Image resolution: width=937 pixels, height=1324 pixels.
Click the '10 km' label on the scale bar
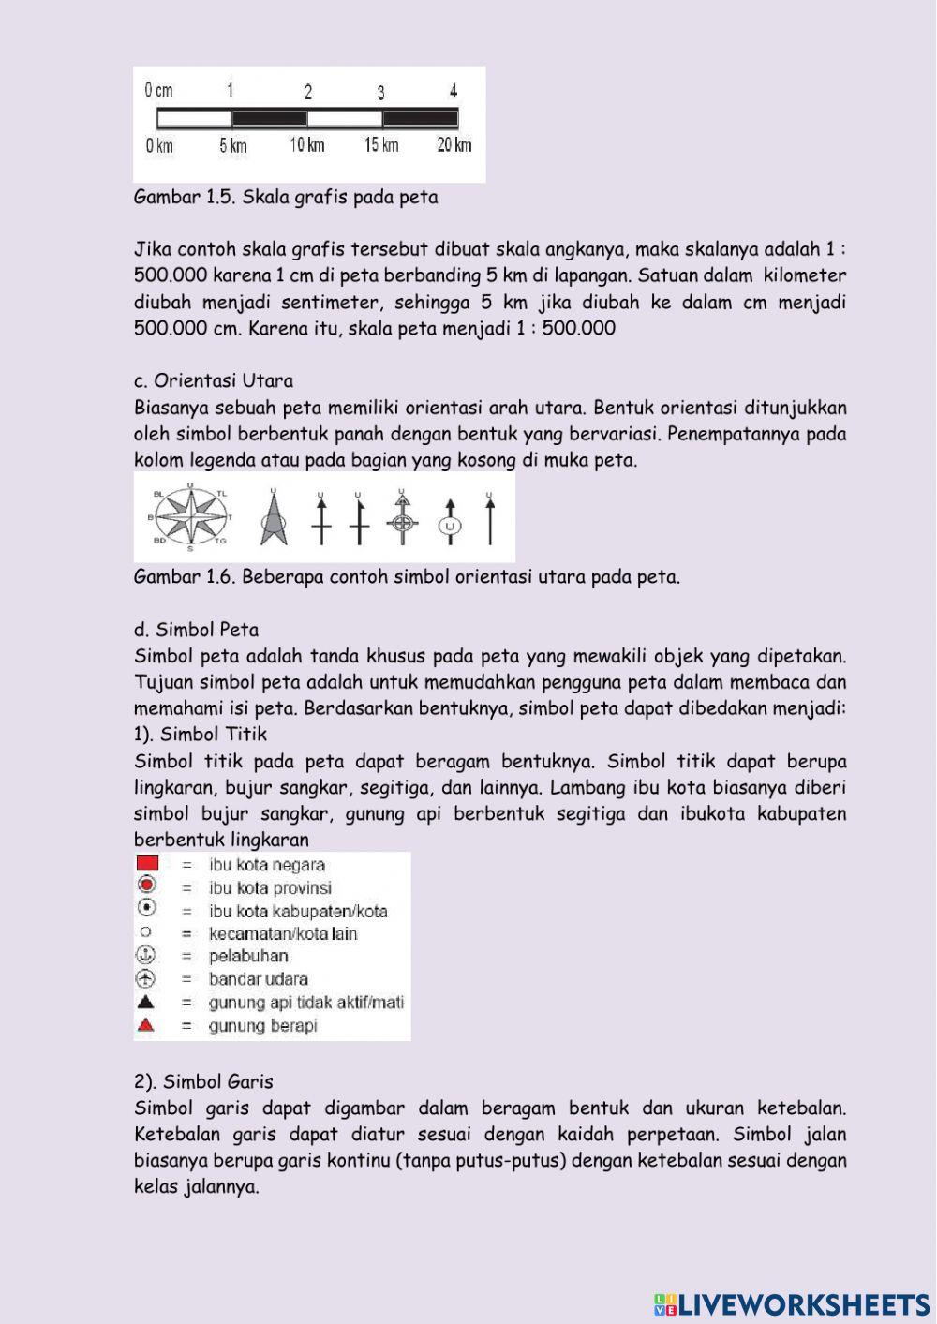click(x=307, y=145)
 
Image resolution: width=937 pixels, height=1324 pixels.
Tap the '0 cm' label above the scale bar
click(x=158, y=90)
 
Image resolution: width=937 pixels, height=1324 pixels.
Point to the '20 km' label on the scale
click(x=454, y=145)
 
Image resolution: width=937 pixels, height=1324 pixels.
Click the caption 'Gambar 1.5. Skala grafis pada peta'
click(x=286, y=198)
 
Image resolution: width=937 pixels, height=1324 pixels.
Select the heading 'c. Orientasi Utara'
click(x=214, y=380)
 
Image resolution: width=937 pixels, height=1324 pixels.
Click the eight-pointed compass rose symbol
click(x=191, y=516)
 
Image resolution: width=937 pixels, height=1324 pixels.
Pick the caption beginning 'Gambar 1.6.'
click(x=407, y=577)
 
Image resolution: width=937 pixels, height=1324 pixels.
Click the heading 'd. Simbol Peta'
click(x=197, y=630)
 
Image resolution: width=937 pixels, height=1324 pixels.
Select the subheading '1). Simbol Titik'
click(x=201, y=735)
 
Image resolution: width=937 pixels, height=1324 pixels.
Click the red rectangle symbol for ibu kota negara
click(x=147, y=864)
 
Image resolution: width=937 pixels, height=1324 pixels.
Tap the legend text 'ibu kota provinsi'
click(x=270, y=887)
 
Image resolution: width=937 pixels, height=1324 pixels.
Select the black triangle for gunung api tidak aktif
click(x=145, y=1002)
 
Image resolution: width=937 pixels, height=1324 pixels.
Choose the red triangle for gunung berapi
click(x=145, y=1025)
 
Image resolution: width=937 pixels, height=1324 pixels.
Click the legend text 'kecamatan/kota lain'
click(x=282, y=933)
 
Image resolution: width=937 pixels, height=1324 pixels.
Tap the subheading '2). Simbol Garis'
click(x=203, y=1081)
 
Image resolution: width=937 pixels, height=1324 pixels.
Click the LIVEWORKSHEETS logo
click(x=792, y=1304)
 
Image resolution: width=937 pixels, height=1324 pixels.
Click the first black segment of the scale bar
click(x=270, y=119)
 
